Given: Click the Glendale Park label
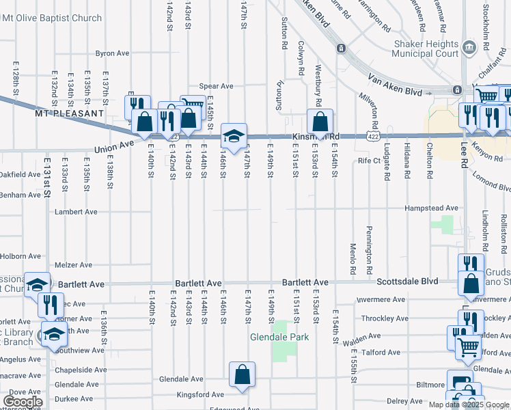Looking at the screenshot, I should point(279,337).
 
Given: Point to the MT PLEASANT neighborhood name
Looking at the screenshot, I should point(70,113).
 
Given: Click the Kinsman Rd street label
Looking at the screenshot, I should point(316,136).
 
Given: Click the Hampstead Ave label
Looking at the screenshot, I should point(431,208).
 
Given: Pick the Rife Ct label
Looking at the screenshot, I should point(368,161).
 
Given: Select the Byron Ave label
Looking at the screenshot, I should point(112,53).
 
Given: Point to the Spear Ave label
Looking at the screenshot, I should point(216,86).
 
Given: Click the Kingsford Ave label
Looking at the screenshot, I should point(199,394).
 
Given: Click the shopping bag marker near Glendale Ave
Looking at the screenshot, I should point(243,374).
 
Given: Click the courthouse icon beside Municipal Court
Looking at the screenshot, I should point(469,47).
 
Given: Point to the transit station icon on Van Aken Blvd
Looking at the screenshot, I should point(340,49).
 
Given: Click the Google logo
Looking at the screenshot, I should point(23,402).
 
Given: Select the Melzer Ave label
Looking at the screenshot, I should point(73,265).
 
